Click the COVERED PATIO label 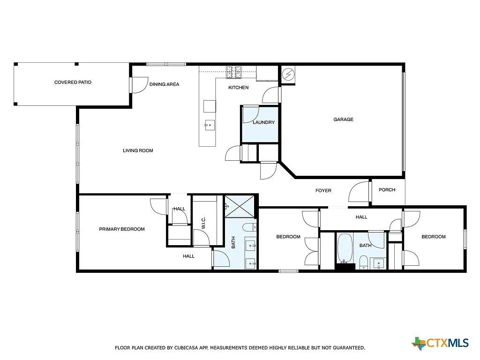pyautogui.click(x=73, y=82)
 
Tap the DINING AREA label pyautogui.click(x=164, y=84)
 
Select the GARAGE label pyautogui.click(x=343, y=120)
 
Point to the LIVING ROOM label pyautogui.click(x=138, y=150)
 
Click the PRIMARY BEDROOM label pyautogui.click(x=122, y=229)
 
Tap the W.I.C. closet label pyautogui.click(x=203, y=223)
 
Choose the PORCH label pyautogui.click(x=387, y=190)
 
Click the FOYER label pyautogui.click(x=323, y=190)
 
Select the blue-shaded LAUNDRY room pyautogui.click(x=260, y=124)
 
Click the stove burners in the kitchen pyautogui.click(x=234, y=72)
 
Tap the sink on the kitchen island pyautogui.click(x=210, y=125)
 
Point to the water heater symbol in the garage pyautogui.click(x=288, y=74)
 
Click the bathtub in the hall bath pyautogui.click(x=345, y=248)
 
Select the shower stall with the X pyautogui.click(x=240, y=207)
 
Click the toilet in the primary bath pyautogui.click(x=249, y=227)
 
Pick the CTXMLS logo pyautogui.click(x=440, y=343)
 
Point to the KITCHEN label pyautogui.click(x=239, y=88)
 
